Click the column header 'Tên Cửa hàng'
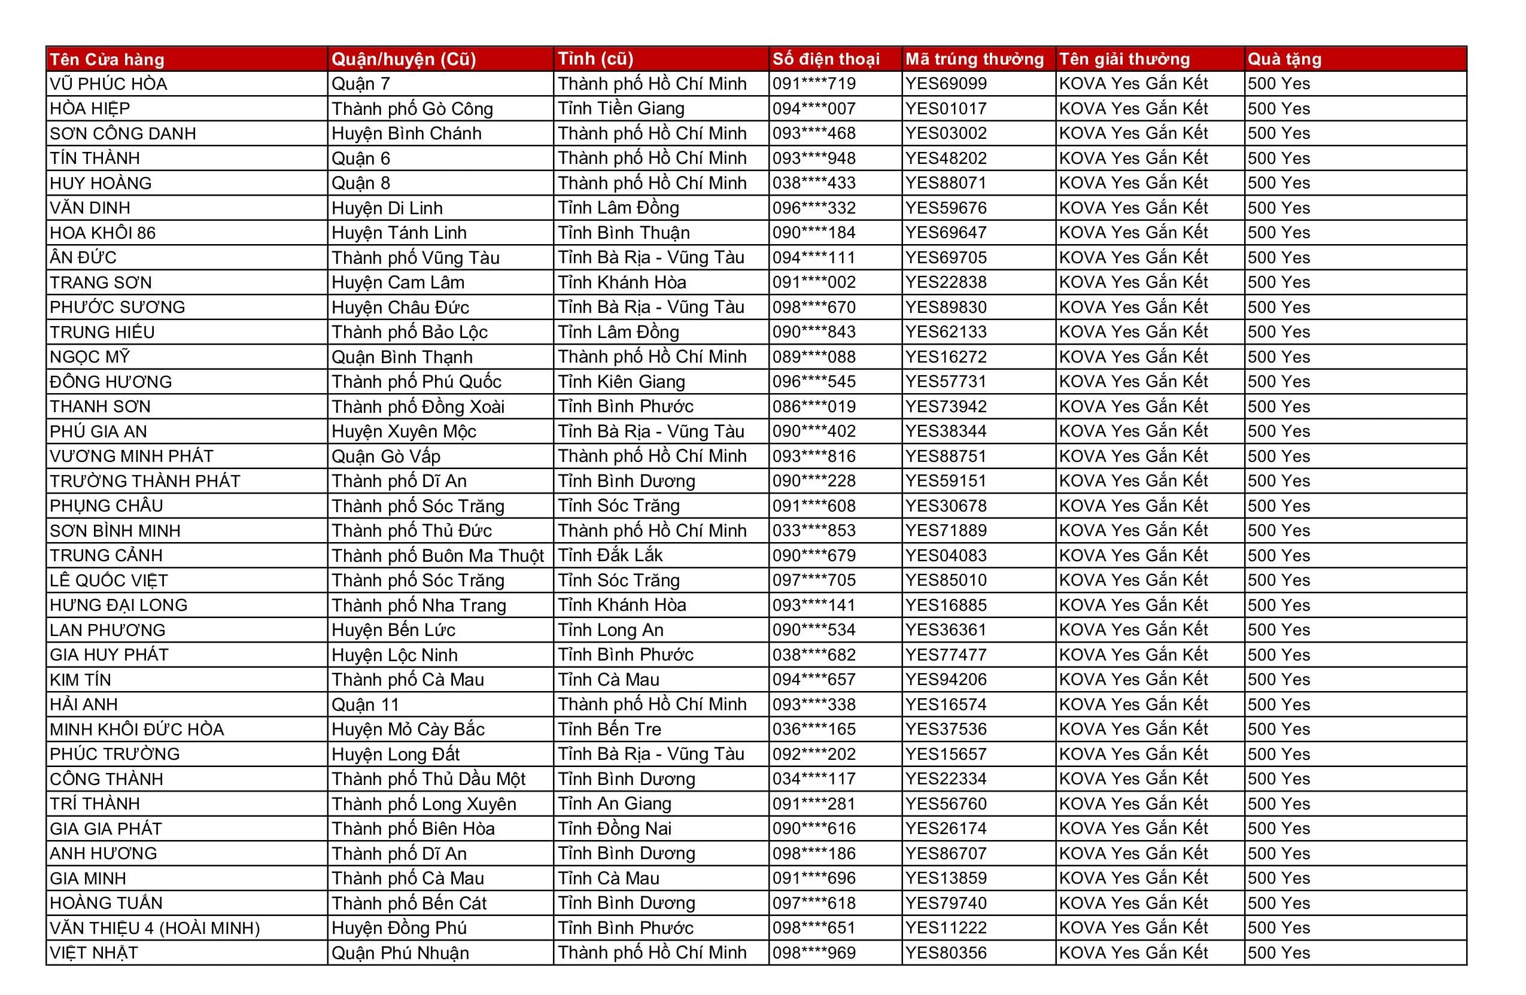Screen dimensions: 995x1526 [x=107, y=60]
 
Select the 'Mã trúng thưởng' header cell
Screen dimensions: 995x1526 [x=974, y=60]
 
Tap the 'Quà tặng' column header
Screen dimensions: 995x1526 [x=1284, y=60]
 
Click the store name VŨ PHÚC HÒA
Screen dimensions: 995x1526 [x=108, y=84]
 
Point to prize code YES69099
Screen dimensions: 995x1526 [x=946, y=84]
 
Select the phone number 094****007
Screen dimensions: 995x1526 [x=814, y=109]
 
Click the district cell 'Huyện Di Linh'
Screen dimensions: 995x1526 [x=387, y=208]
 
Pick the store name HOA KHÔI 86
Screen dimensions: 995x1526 [x=102, y=233]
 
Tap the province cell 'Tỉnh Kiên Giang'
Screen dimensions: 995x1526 [x=621, y=382]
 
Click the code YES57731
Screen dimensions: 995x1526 [x=946, y=382]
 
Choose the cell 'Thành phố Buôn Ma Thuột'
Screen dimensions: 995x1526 [x=437, y=556]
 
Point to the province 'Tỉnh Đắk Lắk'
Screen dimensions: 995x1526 [x=610, y=556]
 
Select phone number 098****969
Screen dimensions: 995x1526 [x=814, y=953]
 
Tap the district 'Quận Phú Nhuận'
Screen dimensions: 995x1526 [x=400, y=953]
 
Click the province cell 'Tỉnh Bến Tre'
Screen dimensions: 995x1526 [x=609, y=729]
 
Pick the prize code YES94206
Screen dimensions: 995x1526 [x=946, y=680]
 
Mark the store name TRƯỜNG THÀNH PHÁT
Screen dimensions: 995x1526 [x=145, y=482]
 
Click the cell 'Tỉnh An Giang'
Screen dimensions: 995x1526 [x=614, y=804]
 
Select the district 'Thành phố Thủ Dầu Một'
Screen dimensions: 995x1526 [x=428, y=780]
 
